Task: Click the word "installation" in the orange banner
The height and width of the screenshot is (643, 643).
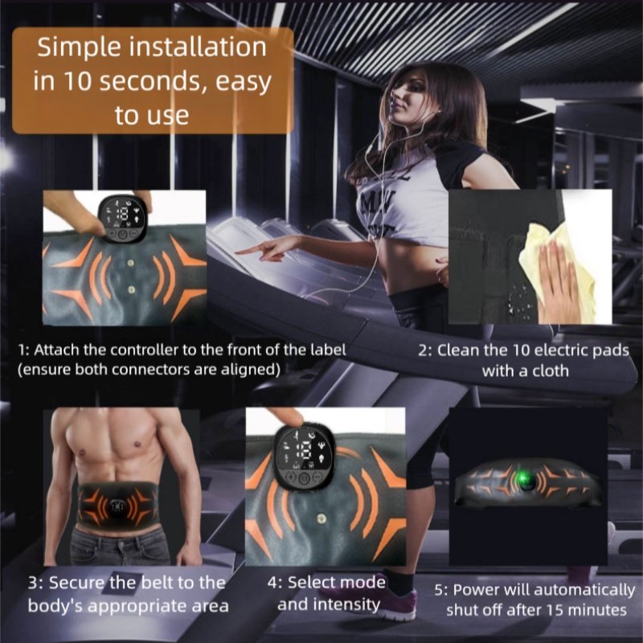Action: click(x=198, y=47)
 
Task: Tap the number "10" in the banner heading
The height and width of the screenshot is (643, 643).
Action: click(x=77, y=81)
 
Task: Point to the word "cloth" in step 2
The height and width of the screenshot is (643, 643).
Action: click(x=551, y=371)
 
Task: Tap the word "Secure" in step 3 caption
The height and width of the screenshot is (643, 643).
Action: click(x=76, y=583)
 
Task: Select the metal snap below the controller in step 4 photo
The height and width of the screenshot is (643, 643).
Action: click(x=322, y=519)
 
